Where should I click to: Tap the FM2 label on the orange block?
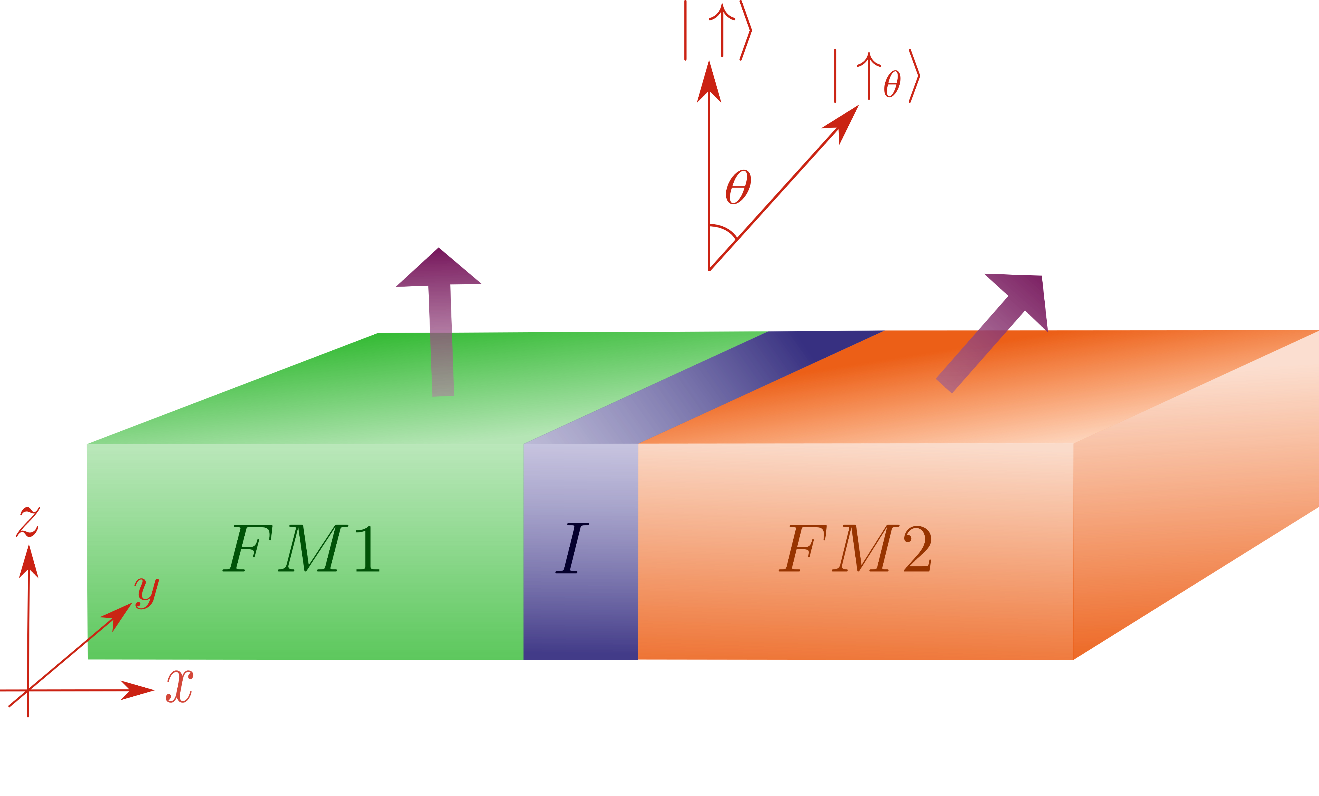click(x=855, y=549)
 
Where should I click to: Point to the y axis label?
click(x=146, y=593)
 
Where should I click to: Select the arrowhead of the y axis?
click(x=119, y=615)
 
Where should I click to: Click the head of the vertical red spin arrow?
click(x=709, y=83)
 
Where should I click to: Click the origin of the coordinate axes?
click(x=28, y=691)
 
